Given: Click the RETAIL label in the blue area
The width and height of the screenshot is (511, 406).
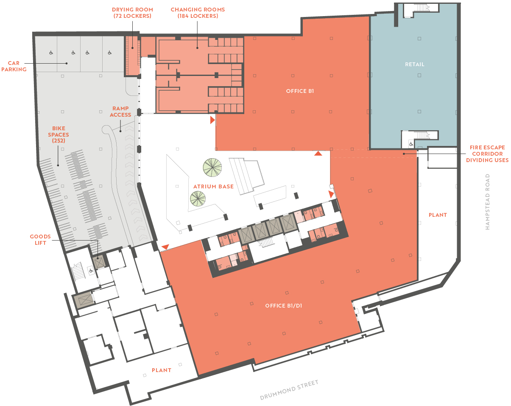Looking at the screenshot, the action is click(414, 64).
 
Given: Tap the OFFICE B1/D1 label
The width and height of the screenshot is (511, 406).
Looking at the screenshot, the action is click(284, 306).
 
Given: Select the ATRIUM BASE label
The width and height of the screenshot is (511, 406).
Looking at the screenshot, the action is click(213, 187).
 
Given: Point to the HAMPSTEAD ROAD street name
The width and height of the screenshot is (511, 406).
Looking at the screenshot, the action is click(487, 202).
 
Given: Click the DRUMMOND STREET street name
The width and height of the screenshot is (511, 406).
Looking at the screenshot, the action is click(289, 390).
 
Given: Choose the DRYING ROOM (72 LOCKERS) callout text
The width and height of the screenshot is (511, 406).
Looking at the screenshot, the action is click(132, 13).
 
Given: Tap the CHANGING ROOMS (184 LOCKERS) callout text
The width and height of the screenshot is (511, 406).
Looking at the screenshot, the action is click(198, 13).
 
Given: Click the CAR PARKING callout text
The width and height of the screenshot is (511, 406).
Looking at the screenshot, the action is click(14, 66).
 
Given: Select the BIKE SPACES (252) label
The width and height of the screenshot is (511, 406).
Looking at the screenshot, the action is click(59, 134).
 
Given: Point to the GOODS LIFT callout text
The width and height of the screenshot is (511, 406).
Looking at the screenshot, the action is click(40, 240).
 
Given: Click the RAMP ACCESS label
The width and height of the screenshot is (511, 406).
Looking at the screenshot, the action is click(120, 112).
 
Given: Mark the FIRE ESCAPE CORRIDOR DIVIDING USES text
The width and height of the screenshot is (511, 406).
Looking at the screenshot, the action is click(487, 154).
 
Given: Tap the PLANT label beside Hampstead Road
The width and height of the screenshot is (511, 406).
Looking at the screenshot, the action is click(438, 215).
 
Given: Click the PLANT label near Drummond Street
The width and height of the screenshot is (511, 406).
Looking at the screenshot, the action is click(162, 370).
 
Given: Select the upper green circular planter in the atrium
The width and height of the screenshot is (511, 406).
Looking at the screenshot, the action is click(212, 168).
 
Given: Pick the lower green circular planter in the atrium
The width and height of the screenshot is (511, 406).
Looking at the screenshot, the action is click(198, 199).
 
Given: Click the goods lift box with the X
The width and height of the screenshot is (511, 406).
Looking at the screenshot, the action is click(98, 263).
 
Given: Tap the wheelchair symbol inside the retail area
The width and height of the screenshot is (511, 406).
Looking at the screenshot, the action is click(411, 144).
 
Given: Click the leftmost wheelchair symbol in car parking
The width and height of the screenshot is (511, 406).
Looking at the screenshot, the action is click(51, 53).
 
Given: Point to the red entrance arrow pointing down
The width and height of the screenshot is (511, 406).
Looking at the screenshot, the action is click(165, 246).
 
